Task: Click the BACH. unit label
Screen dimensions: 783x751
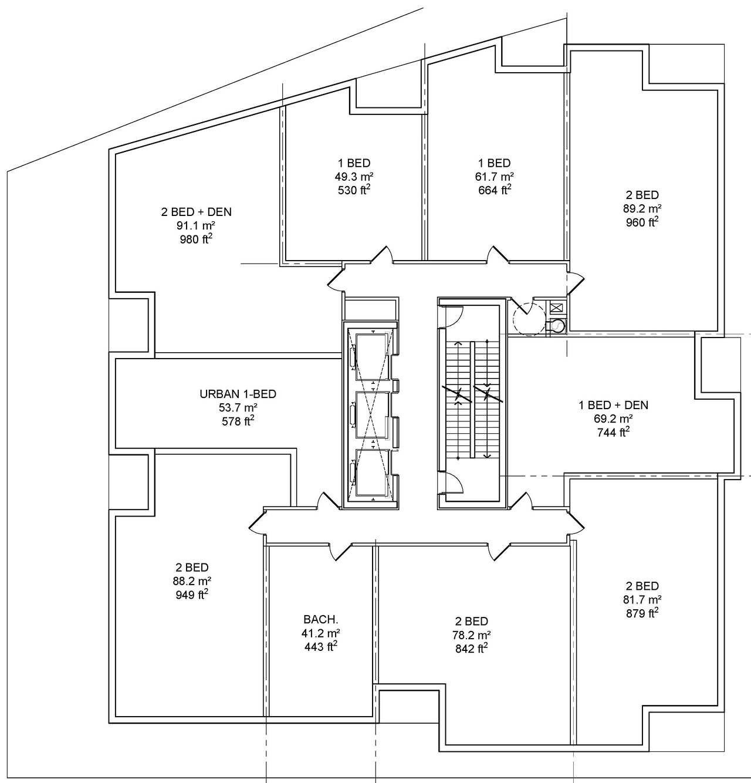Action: tap(321, 619)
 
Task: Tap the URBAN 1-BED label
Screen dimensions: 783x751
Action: tap(238, 394)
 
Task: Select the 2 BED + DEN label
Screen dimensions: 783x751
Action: tap(196, 212)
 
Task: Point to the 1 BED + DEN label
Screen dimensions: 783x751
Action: tap(613, 405)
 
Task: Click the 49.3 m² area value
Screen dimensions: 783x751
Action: tap(354, 177)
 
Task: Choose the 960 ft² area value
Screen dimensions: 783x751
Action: tap(642, 222)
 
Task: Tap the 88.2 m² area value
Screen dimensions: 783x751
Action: tap(192, 581)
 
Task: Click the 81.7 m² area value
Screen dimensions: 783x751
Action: tap(642, 600)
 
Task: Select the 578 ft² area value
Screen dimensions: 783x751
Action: tap(238, 421)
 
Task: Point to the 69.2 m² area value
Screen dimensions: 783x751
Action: tap(613, 419)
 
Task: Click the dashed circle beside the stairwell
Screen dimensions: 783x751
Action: tap(529, 318)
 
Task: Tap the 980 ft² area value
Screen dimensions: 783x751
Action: tap(196, 239)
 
